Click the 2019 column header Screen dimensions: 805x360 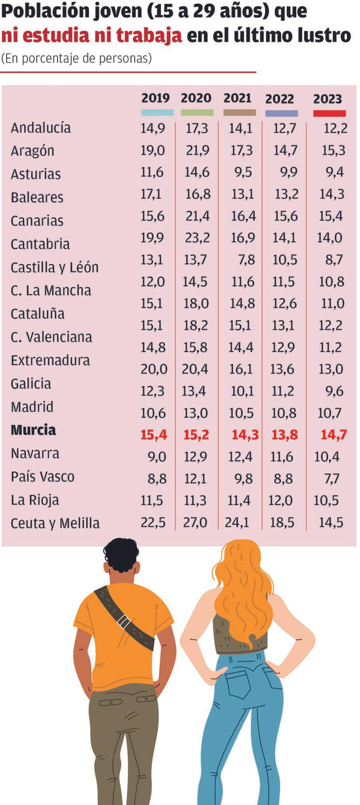155,98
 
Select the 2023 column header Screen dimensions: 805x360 328,99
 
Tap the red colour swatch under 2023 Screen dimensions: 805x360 329,113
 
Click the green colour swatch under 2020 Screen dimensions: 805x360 197,113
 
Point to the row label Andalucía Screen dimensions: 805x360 41,128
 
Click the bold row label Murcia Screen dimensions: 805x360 33,430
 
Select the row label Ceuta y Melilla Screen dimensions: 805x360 55,523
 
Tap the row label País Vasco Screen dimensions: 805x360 43,476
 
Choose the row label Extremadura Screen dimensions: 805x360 50,360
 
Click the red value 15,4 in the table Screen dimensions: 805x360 154,435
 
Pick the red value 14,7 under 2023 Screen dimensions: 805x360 334,435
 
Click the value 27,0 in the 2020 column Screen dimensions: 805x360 195,522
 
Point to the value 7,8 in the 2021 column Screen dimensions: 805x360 247,260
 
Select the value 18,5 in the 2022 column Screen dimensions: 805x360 282,522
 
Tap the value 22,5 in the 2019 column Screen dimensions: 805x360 153,522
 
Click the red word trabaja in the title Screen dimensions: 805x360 149,36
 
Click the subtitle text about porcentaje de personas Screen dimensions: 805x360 76,59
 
